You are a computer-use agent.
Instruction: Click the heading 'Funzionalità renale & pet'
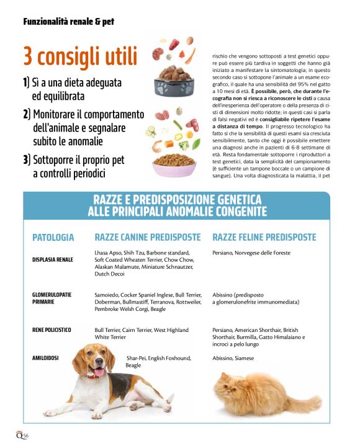[x=68, y=22]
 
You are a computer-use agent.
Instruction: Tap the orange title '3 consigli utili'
[x=80, y=56]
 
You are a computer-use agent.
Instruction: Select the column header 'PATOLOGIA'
[x=53, y=237]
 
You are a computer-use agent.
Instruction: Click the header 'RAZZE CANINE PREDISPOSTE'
[x=148, y=237]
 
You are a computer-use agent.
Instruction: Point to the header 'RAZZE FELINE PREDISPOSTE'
[x=264, y=237]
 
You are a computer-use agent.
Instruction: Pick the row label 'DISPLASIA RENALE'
[x=53, y=259]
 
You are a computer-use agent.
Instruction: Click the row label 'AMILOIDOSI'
[x=45, y=358]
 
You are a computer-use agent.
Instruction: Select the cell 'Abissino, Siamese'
[x=233, y=358]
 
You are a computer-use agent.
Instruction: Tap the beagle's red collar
[x=96, y=374]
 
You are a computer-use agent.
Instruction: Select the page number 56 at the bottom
[x=25, y=435]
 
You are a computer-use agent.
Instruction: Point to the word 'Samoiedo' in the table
[x=107, y=295]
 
